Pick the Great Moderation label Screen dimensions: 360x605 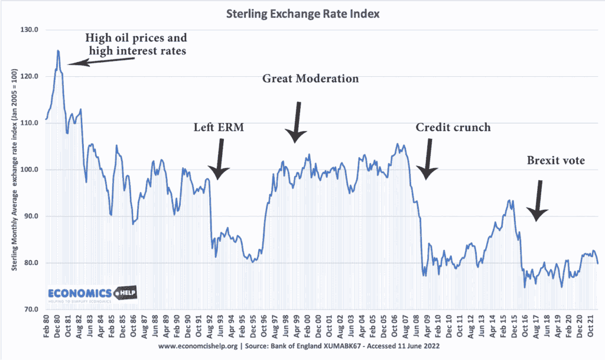[311, 79]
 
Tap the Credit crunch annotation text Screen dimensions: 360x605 [453, 127]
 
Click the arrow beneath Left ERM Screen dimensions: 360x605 [220, 158]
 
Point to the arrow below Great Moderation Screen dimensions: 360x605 [297, 122]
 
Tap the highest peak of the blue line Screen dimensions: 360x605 [58, 51]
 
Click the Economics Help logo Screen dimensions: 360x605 [83, 294]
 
